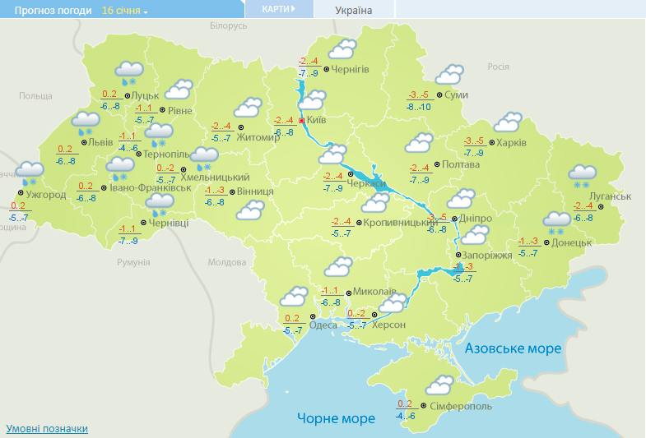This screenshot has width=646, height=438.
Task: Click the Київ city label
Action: [x=317, y=121]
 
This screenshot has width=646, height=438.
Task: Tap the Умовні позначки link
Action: [x=47, y=429]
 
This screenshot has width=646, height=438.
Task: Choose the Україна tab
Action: [x=354, y=11]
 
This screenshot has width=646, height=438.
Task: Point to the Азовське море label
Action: [x=513, y=348]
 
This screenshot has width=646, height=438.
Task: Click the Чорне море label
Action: [x=336, y=418]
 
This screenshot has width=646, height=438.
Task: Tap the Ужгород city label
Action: [x=46, y=195]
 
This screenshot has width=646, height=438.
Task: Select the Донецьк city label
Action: [x=571, y=242]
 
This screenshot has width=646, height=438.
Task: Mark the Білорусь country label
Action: [x=228, y=25]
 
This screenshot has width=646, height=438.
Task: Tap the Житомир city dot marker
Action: [x=241, y=127]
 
